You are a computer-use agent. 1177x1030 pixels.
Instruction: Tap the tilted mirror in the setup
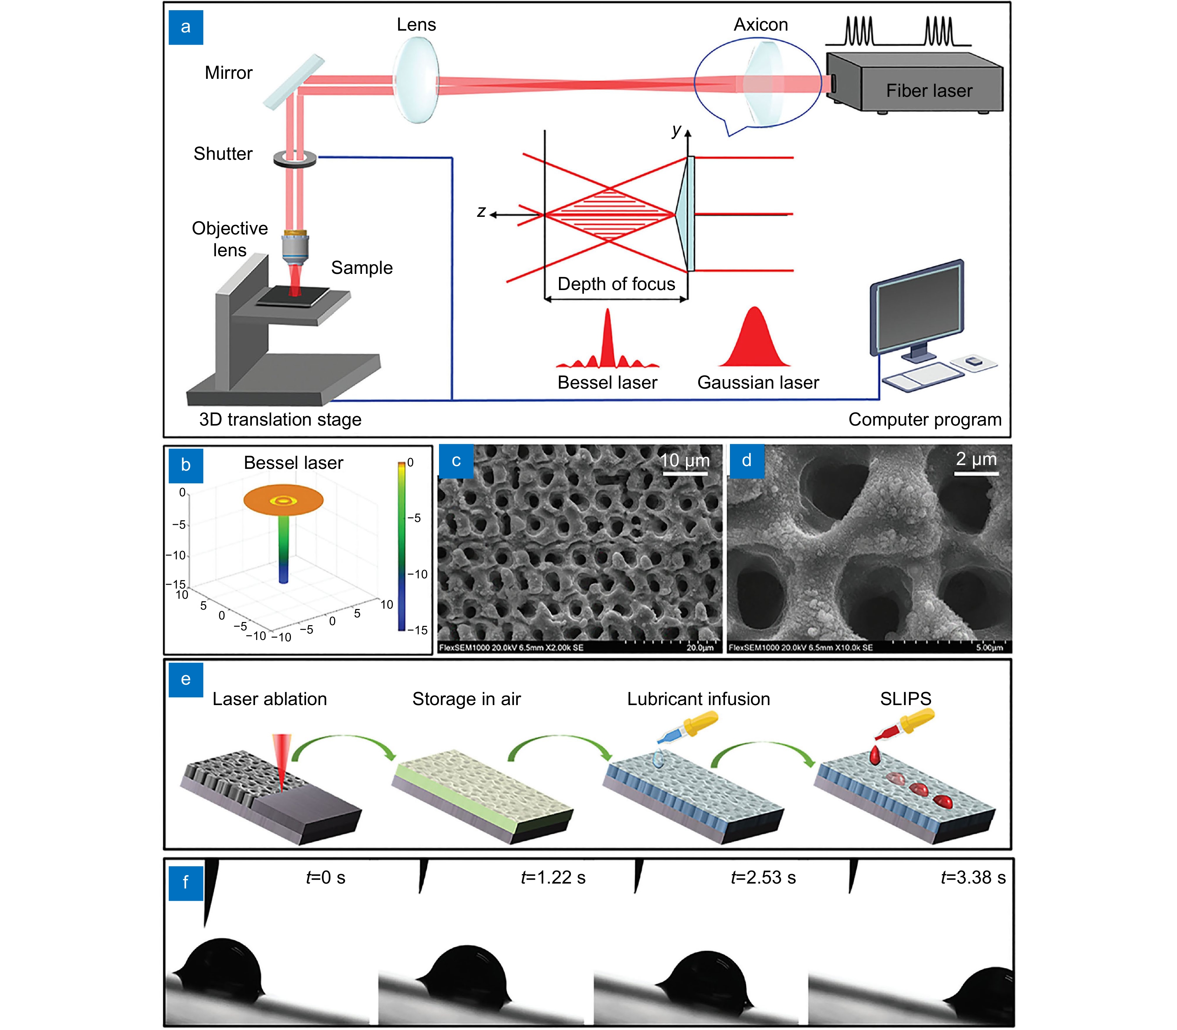coord(294,82)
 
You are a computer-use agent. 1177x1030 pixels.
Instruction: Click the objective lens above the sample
coord(295,247)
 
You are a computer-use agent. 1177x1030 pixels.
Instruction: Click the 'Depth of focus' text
coord(616,284)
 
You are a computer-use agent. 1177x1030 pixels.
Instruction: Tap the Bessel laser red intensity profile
coord(608,345)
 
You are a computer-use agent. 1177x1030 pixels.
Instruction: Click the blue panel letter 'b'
coord(185,464)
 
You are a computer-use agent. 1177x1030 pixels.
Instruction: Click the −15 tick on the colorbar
coord(418,630)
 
